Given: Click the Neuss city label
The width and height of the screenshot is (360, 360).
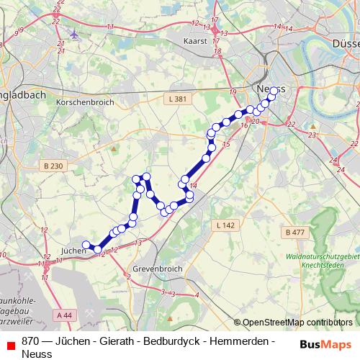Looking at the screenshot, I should pos(270,88).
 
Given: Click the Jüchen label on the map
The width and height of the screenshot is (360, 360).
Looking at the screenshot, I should pos(73,251).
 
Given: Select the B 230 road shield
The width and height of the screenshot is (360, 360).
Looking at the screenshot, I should pos(53,166).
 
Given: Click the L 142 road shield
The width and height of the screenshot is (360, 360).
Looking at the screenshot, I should pos(225,225).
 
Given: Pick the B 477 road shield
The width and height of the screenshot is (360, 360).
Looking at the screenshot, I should pos(295,233).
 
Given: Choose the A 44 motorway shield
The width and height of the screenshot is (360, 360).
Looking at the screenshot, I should pos(64,315).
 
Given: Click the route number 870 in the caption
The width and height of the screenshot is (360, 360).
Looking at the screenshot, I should pos(30,341).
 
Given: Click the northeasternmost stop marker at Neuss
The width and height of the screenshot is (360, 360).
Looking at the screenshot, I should pos(274,91).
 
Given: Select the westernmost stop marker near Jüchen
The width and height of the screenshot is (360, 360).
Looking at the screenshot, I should pos(86,245).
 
